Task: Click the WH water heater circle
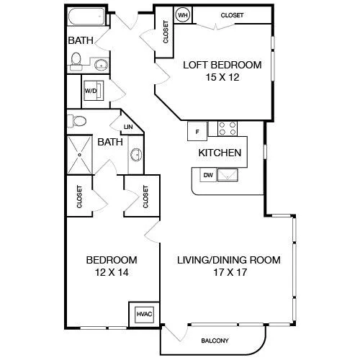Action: [183, 15]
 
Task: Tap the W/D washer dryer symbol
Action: [94, 91]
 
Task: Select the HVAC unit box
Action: [144, 314]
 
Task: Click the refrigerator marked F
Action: [197, 131]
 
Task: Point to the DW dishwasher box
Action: [208, 175]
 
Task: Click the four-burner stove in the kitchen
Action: [228, 128]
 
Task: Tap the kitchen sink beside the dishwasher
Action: [228, 175]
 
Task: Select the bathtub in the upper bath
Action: [86, 17]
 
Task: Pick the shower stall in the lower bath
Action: [80, 155]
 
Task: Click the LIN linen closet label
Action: [128, 127]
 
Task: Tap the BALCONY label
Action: [215, 341]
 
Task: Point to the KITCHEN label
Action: [220, 153]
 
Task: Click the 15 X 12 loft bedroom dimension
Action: [222, 77]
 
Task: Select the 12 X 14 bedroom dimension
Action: [112, 272]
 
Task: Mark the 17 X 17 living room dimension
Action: [230, 272]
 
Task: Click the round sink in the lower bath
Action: [136, 155]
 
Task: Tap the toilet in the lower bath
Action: [77, 121]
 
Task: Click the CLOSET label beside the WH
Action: [232, 15]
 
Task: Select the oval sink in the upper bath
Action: [102, 65]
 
